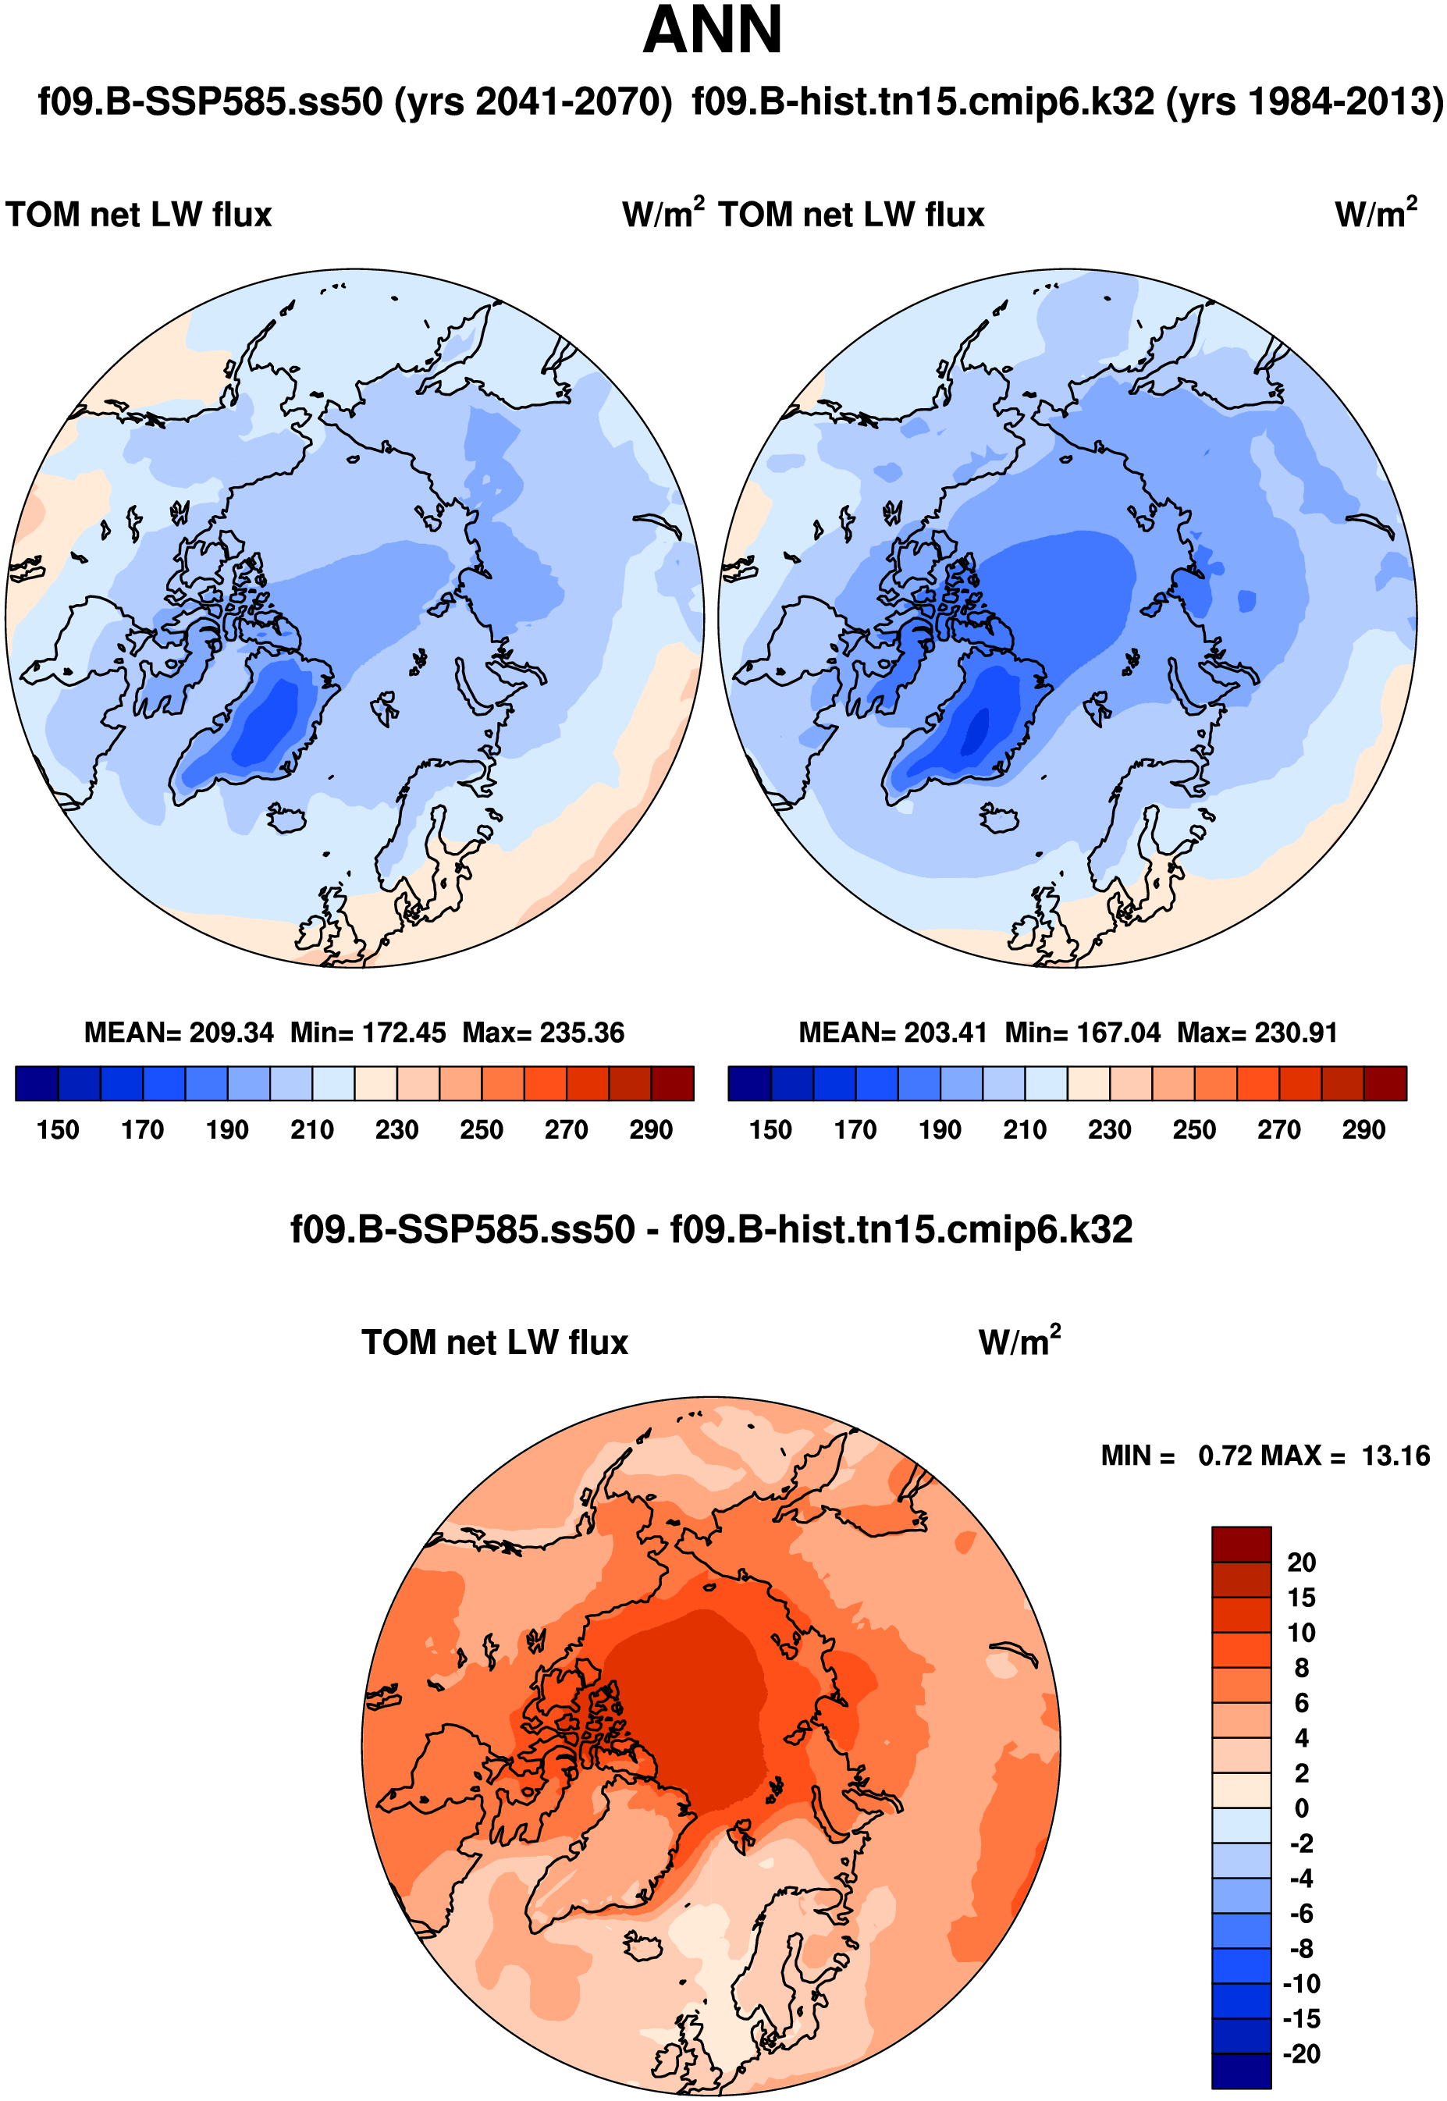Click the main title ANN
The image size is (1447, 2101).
click(x=712, y=30)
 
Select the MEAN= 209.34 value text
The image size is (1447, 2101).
click(x=179, y=1033)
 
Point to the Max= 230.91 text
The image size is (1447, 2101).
click(x=1257, y=1033)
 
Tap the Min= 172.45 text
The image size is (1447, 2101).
click(x=368, y=1033)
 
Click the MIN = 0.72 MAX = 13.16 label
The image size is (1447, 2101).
click(x=1265, y=1456)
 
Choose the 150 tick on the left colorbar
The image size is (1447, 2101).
click(x=58, y=1130)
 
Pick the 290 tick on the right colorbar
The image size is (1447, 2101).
click(x=1363, y=1130)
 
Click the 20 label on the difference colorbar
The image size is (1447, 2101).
click(x=1301, y=1562)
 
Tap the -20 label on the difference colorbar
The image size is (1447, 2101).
click(x=1301, y=2054)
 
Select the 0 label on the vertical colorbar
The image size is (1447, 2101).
click(x=1301, y=1808)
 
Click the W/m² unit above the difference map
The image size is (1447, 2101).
click(x=1019, y=1342)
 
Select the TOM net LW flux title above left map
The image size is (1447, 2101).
click(x=139, y=215)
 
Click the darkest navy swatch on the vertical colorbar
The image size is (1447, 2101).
click(x=1240, y=2071)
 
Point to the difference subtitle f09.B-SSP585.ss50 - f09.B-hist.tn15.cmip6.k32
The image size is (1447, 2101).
click(x=712, y=1230)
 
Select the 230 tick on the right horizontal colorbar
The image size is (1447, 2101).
click(x=1110, y=1130)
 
